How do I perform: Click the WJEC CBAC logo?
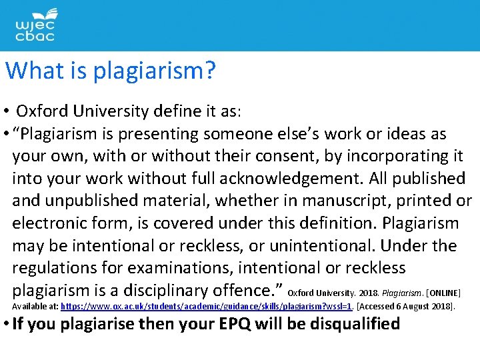click(35, 25)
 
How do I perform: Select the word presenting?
click(155, 133)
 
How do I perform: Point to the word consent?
click(291, 156)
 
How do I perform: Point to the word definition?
click(296, 223)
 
